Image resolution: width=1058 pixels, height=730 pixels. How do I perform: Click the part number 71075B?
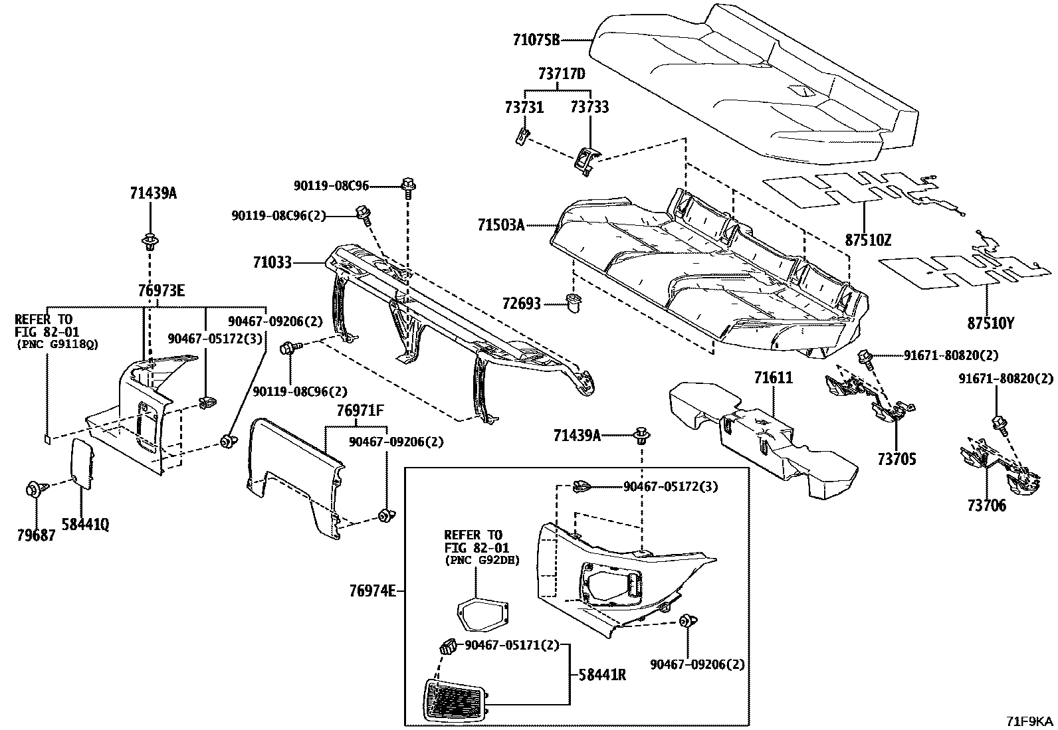coord(536,41)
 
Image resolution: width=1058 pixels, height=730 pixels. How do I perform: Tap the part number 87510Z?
coord(868,240)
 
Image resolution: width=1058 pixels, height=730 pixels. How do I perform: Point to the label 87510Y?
coord(991,323)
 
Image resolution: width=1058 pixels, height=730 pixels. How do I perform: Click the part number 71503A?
coord(500,226)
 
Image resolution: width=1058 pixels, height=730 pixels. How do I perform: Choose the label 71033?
coord(272,263)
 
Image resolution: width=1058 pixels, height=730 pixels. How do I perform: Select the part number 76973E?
coord(161,290)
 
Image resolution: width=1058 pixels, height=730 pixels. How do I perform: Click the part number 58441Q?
coord(85,525)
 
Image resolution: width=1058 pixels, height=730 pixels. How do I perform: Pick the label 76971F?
coord(360,411)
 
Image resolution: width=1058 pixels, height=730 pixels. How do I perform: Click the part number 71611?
coord(773,379)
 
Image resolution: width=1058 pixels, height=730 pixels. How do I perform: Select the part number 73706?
coord(987,506)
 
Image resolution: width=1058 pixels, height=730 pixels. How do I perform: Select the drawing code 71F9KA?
coord(1029,721)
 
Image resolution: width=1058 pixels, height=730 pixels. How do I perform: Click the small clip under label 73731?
coord(522,136)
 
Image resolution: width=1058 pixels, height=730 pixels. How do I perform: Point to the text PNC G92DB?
coord(482,560)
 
